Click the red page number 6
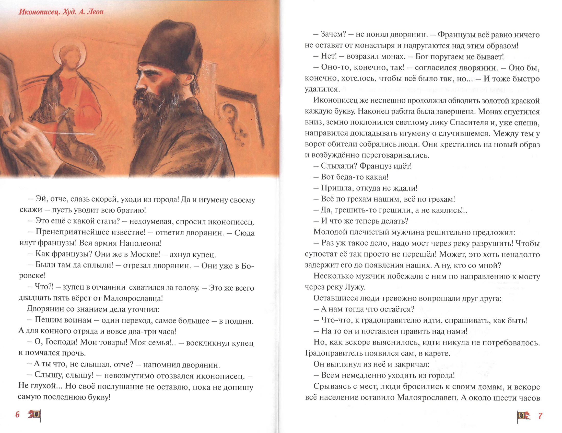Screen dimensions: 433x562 pyautogui.click(x=17, y=414)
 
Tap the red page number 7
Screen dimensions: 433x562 pyautogui.click(x=540, y=416)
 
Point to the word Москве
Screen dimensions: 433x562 pyautogui.click(x=145, y=254)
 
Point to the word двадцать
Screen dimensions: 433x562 pyautogui.click(x=34, y=298)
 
